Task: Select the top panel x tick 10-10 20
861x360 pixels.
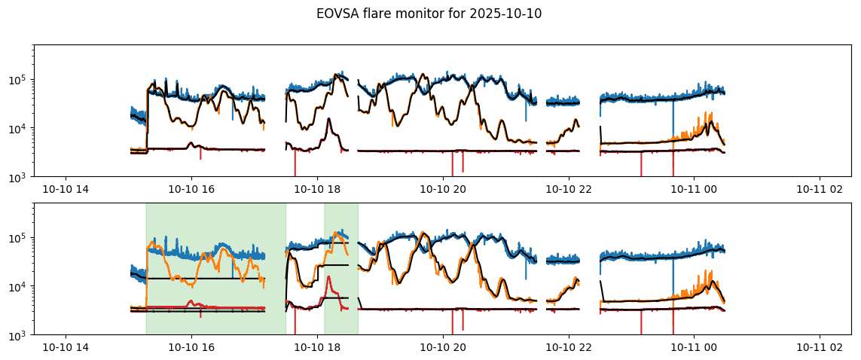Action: [x=442, y=189]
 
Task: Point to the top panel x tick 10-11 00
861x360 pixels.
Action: [x=693, y=189]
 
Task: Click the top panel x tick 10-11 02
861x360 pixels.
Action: [x=818, y=189]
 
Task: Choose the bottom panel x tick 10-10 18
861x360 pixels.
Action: [x=317, y=347]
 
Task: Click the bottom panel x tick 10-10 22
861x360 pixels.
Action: [x=568, y=347]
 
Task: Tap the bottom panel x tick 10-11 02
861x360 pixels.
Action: [x=818, y=347]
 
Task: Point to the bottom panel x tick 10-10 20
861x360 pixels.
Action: [x=442, y=347]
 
